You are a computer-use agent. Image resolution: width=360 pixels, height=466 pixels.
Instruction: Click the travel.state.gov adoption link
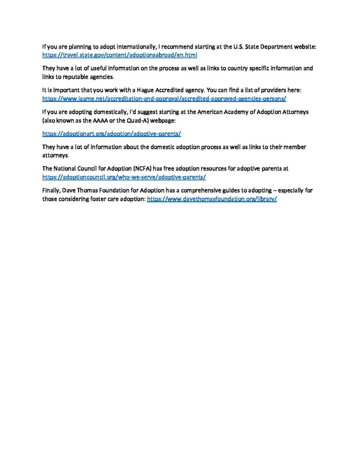(119, 55)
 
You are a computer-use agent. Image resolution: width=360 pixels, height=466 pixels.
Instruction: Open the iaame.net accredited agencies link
(164, 98)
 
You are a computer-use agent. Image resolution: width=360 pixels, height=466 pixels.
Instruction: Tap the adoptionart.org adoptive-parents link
(112, 134)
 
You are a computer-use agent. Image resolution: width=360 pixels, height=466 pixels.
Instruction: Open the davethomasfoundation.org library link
(212, 199)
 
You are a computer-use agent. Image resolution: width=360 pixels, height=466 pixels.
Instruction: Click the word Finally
(51, 191)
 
